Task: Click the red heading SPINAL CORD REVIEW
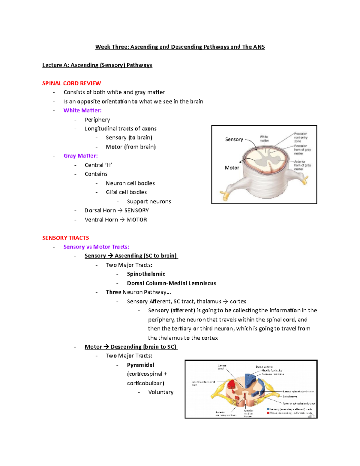pos(71,83)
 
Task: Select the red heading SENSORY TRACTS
pos(65,238)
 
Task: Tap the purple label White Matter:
pos(82,110)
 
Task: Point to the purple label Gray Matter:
pos(80,156)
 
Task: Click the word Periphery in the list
pos(97,120)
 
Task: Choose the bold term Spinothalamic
pos(146,274)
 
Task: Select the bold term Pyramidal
pos(140,365)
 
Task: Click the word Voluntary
pos(161,392)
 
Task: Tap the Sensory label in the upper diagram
pos(234,139)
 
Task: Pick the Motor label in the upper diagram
pos(232,168)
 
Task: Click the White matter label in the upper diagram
pos(264,139)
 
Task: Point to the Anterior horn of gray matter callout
pos(302,165)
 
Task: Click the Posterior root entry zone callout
pos(301,137)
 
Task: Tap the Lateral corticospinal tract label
pos(203,383)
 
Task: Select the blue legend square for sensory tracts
pos(268,409)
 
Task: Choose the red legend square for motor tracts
pos(268,413)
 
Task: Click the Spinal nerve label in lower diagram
pos(290,396)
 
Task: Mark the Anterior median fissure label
pos(248,413)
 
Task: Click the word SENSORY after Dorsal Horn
pos(136,210)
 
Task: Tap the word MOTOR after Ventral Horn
pos(136,220)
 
